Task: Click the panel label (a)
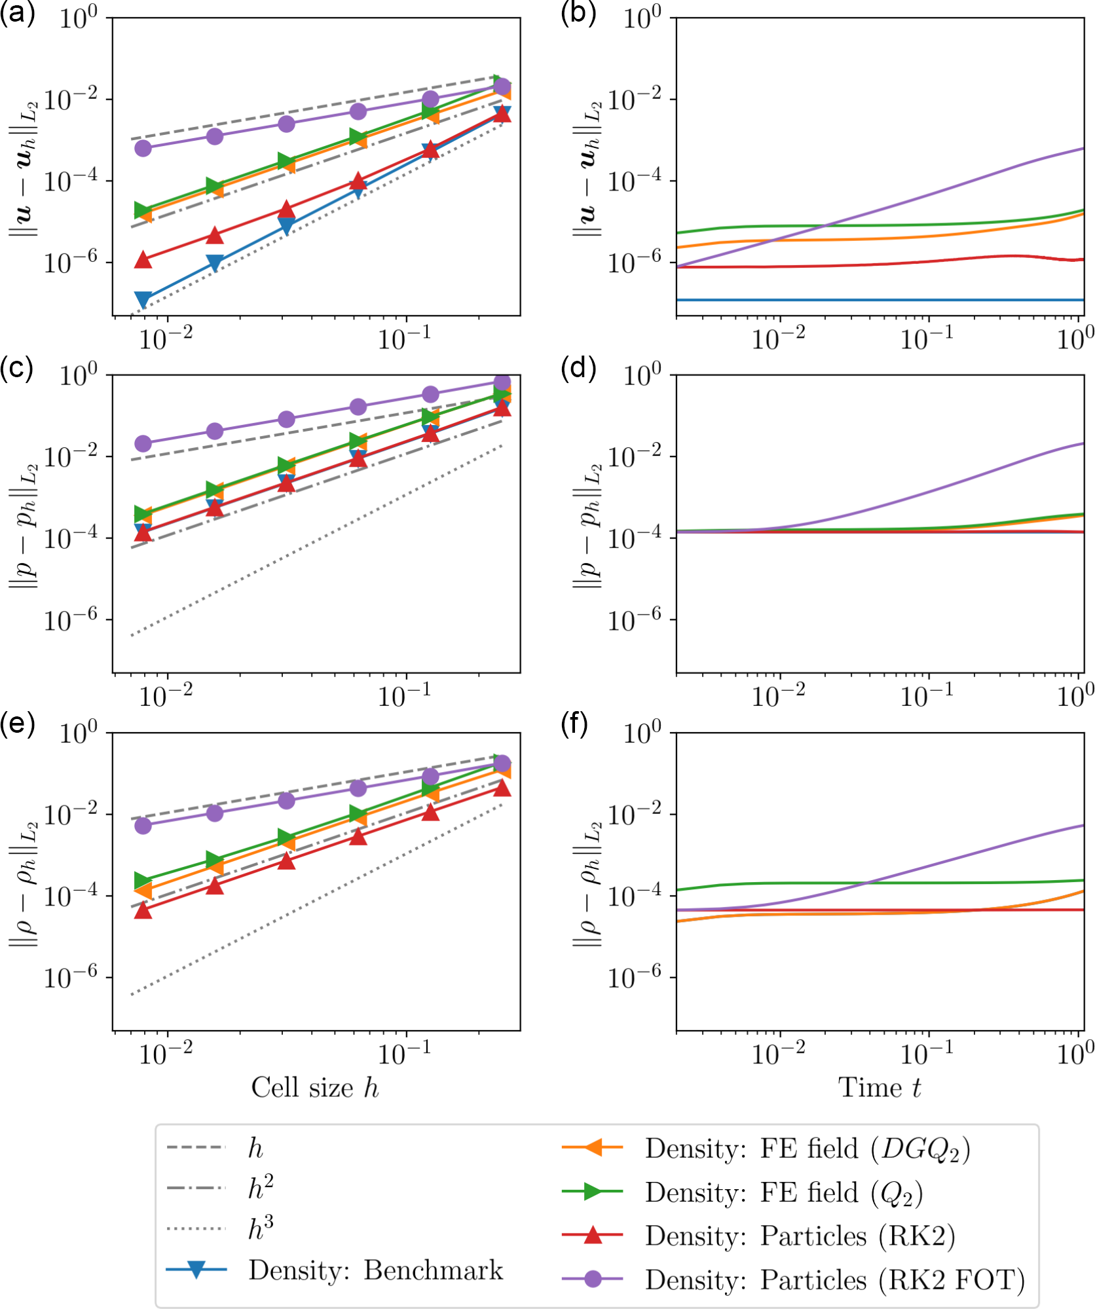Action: click(x=17, y=14)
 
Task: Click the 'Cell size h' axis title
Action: click(x=315, y=1087)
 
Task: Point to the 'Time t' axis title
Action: click(x=879, y=1087)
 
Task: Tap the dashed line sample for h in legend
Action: click(x=196, y=1147)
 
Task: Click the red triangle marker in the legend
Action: click(x=592, y=1235)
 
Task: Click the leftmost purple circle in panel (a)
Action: click(x=143, y=148)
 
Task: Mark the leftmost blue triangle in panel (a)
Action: click(x=143, y=299)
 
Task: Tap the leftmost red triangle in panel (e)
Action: click(x=143, y=910)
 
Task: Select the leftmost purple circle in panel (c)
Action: click(x=143, y=443)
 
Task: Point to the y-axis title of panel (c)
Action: click(x=24, y=524)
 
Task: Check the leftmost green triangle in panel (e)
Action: click(x=143, y=880)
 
